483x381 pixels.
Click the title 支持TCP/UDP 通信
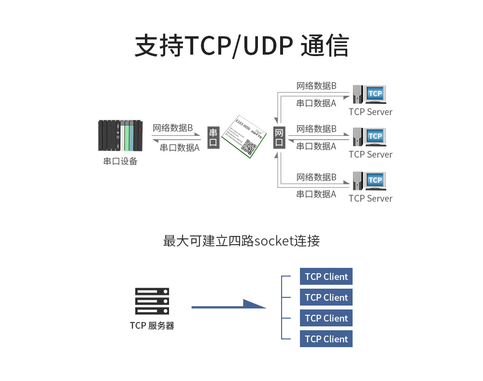[241, 46]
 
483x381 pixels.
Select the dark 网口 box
[279, 137]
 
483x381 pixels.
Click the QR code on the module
[250, 147]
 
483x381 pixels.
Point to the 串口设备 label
[120, 161]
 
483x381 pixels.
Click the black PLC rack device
[120, 136]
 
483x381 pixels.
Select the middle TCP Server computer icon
[370, 137]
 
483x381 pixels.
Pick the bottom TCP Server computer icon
[370, 181]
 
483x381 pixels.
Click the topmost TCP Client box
[326, 277]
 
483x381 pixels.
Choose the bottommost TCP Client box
[326, 339]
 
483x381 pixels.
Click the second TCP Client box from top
[326, 297]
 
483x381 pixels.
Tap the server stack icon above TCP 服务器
[152, 302]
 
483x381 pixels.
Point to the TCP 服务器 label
[152, 325]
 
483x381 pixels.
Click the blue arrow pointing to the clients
[229, 305]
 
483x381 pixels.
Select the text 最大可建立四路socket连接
[241, 241]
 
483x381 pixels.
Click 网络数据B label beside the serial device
[173, 128]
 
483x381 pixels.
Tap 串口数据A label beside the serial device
[180, 147]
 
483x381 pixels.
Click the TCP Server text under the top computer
[370, 112]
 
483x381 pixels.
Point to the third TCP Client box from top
[326, 318]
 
